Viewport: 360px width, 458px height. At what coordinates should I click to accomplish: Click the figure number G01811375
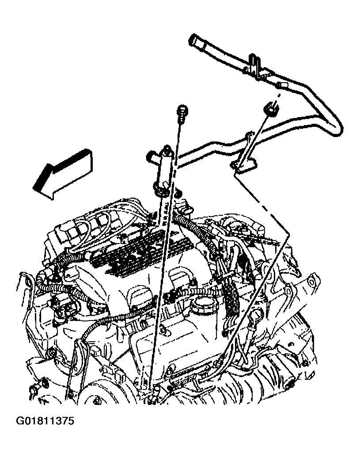45,421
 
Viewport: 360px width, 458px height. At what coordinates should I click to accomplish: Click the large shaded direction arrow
63,174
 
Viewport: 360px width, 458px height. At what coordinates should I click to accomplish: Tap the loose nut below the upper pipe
271,109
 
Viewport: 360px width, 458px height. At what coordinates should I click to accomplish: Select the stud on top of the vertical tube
167,150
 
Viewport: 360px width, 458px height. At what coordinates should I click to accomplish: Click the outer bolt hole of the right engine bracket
311,282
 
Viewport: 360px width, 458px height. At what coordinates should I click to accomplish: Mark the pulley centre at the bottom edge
95,401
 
